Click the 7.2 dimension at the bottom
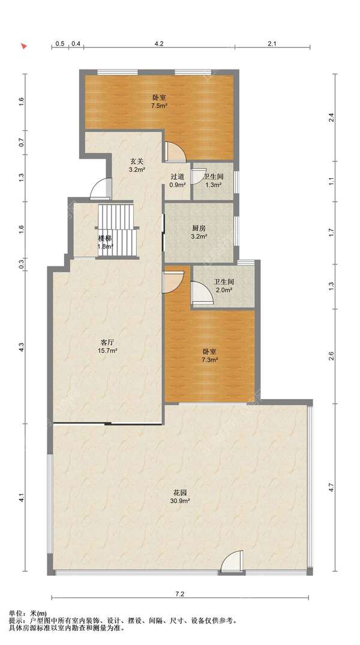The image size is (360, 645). click(179, 593)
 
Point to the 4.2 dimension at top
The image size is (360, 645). click(159, 44)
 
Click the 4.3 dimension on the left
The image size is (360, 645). click(22, 347)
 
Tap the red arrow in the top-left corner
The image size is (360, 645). click(24, 46)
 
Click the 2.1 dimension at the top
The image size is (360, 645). click(272, 44)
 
